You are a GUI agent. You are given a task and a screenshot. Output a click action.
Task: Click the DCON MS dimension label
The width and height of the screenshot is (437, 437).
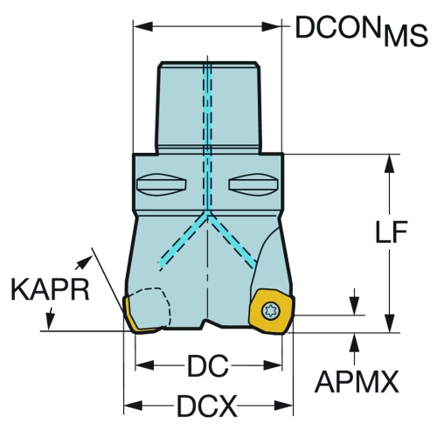pos(361,31)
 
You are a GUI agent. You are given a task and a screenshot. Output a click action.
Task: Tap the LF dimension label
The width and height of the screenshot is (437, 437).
pos(391,232)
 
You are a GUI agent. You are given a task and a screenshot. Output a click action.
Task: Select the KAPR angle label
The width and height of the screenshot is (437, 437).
pos(50,289)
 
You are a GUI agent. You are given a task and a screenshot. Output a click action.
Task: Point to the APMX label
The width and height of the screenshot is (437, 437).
pos(357,382)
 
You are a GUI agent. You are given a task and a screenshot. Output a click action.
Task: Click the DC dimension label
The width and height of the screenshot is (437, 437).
pos(208,365)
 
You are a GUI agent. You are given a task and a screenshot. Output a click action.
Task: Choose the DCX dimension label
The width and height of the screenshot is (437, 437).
pos(207,406)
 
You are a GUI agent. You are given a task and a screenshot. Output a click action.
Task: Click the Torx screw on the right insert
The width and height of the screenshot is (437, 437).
pos(271,311)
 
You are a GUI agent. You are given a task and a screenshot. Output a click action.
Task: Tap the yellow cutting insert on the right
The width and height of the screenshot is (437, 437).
pos(272,312)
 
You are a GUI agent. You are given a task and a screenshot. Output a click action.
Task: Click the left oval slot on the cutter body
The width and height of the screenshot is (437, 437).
pos(162,184)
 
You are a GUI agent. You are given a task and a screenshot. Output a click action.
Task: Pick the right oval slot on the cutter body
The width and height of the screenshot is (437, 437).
pos(253,184)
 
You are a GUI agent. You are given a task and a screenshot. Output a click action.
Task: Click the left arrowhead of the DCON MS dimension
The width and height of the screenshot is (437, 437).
pos(143,26)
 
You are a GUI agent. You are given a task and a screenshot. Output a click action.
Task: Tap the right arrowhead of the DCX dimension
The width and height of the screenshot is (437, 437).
pos(283,406)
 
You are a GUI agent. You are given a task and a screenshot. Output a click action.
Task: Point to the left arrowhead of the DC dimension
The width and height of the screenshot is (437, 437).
pos(145,365)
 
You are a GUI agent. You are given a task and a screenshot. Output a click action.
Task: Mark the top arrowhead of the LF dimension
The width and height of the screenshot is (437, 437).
pos(390,163)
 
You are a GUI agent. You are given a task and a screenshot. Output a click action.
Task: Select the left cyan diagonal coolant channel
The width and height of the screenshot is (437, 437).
pos(183,240)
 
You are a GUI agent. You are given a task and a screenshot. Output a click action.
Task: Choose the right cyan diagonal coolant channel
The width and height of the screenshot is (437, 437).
pos(232,240)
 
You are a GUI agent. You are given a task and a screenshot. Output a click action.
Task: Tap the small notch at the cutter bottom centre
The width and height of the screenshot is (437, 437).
pos(207,324)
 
